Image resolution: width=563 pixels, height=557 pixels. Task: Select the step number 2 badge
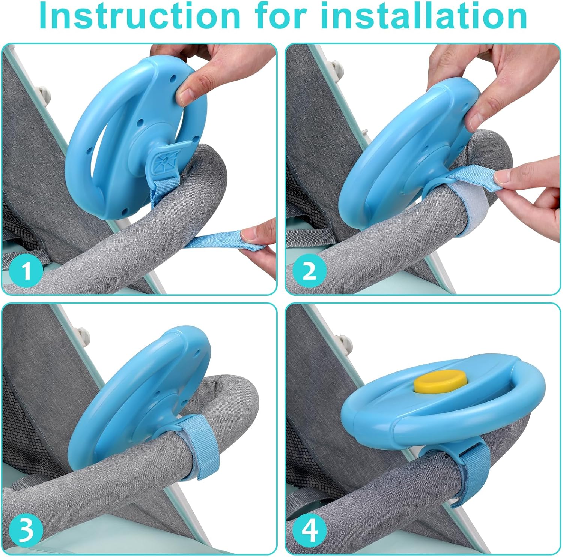[x=310, y=270]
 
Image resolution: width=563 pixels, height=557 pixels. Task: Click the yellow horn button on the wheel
[x=438, y=380]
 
